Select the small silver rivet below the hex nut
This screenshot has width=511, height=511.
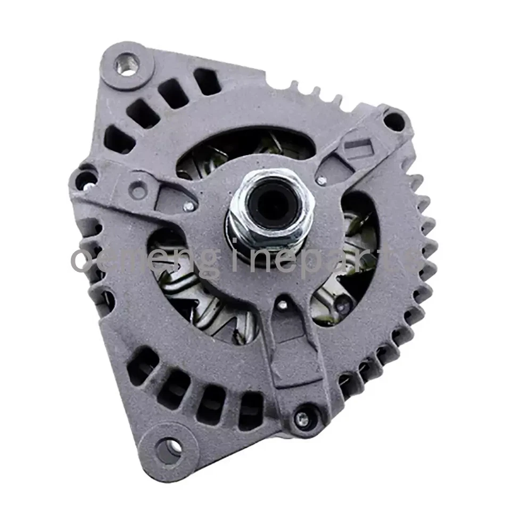[283, 304]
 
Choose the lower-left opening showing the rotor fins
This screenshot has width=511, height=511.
[202, 298]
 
